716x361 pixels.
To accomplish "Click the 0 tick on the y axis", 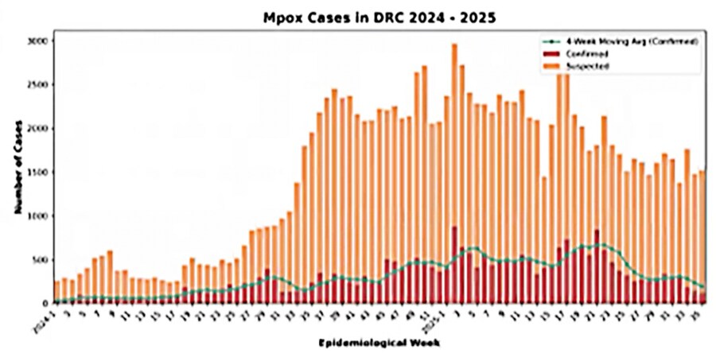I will pyautogui.click(x=47, y=303).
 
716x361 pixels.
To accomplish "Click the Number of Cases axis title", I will pyautogui.click(x=17, y=172).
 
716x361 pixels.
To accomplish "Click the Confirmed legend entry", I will pyautogui.click(x=586, y=53).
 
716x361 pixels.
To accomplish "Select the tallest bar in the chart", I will pyautogui.click(x=454, y=173).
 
